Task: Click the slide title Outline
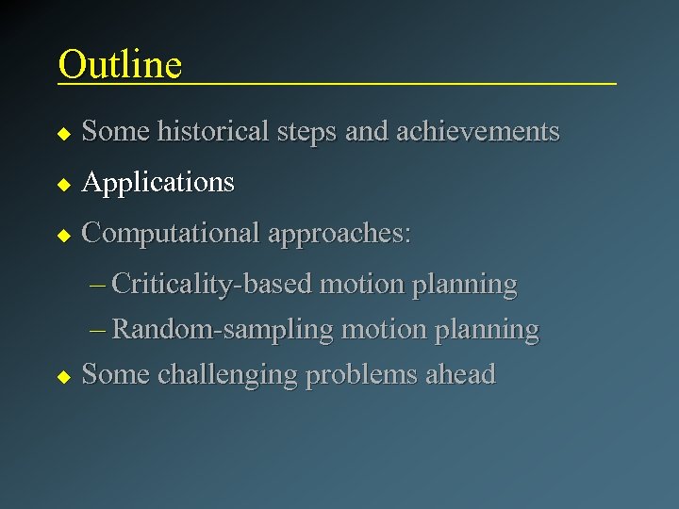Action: coord(120,64)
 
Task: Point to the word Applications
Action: coord(158,182)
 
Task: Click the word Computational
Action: coord(171,233)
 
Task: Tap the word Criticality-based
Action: coord(213,284)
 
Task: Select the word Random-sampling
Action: coord(223,329)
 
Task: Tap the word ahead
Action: coord(460,374)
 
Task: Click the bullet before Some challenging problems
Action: coord(63,376)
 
